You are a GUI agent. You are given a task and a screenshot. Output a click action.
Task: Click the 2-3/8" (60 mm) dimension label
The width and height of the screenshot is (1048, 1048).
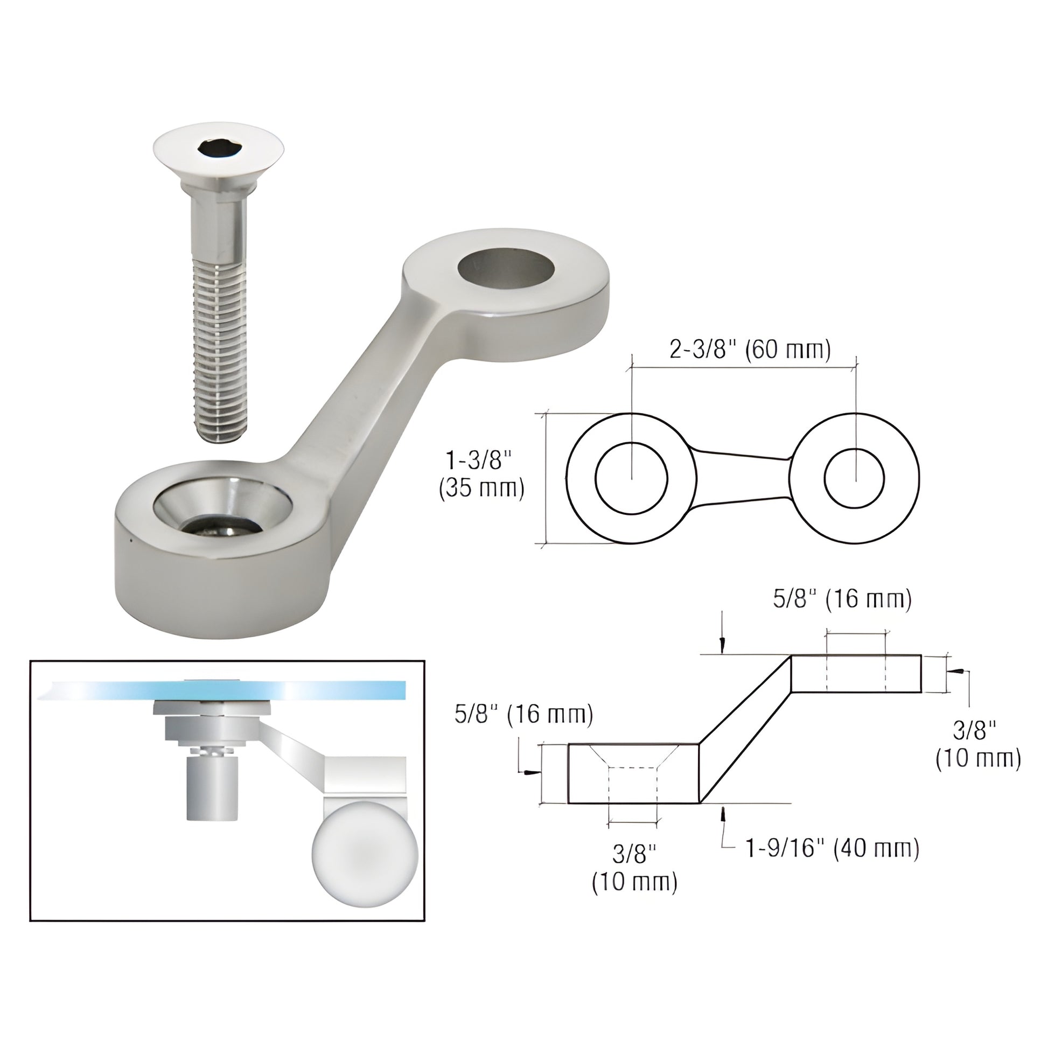(750, 350)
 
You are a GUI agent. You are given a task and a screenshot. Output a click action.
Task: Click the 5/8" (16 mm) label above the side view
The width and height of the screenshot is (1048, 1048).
(842, 599)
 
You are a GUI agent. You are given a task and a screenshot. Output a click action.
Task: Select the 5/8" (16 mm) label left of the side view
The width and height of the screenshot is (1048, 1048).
(523, 715)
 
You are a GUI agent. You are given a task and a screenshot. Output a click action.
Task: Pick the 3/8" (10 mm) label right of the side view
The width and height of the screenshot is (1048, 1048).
(978, 744)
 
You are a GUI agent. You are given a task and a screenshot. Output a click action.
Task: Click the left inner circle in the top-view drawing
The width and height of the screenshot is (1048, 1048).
(631, 477)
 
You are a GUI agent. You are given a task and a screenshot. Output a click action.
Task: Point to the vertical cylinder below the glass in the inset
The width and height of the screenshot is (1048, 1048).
(212, 790)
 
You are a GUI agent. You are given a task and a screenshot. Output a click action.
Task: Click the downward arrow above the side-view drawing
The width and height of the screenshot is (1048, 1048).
(722, 643)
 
